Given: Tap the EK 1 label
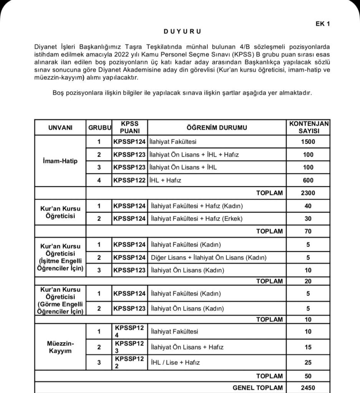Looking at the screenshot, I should click(x=323, y=24).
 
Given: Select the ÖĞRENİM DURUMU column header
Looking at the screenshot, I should click(x=217, y=127).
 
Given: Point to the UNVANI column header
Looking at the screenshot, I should click(x=60, y=127).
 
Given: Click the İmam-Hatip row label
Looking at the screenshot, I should click(x=60, y=161).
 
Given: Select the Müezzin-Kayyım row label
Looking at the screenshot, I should click(x=60, y=347).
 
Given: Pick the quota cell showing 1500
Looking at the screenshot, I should click(x=308, y=142).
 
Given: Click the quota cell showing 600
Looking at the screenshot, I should click(x=308, y=180).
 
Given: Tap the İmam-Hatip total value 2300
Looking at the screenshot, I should click(x=308, y=193).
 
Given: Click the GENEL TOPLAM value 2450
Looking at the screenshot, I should click(x=308, y=388).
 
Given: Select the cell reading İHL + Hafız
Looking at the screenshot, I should click(x=165, y=180).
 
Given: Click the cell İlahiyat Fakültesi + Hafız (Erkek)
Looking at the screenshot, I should click(x=197, y=219).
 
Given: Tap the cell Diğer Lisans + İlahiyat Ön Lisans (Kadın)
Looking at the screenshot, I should click(x=209, y=258).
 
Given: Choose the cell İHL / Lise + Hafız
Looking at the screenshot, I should click(x=176, y=362).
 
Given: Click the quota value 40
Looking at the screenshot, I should click(x=308, y=206).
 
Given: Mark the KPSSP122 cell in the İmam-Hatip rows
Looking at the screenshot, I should click(x=129, y=180).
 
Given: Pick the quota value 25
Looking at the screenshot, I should click(x=308, y=362).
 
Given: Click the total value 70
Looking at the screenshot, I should click(x=308, y=231).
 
